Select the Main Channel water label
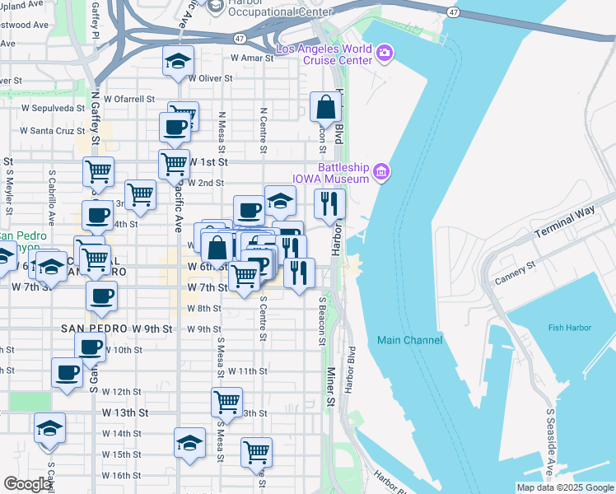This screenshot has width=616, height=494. pyautogui.click(x=409, y=340)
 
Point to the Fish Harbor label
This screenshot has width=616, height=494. pyautogui.click(x=569, y=328)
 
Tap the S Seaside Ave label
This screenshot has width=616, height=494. pyautogui.click(x=549, y=452)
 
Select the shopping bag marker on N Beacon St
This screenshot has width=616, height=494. pyautogui.click(x=326, y=107)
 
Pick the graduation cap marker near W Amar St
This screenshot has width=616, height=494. pyautogui.click(x=177, y=63)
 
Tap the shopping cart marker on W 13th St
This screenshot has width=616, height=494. pyautogui.click(x=226, y=402)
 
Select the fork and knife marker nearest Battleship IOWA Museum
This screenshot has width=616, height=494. pyautogui.click(x=329, y=203)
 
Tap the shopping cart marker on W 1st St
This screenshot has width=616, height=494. pyautogui.click(x=174, y=164)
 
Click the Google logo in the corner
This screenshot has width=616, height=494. pyautogui.click(x=27, y=484)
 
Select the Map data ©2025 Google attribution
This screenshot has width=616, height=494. pyautogui.click(x=564, y=487)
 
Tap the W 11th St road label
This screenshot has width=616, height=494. pyautogui.click(x=248, y=371)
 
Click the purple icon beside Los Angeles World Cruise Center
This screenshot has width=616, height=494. pyautogui.click(x=385, y=54)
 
